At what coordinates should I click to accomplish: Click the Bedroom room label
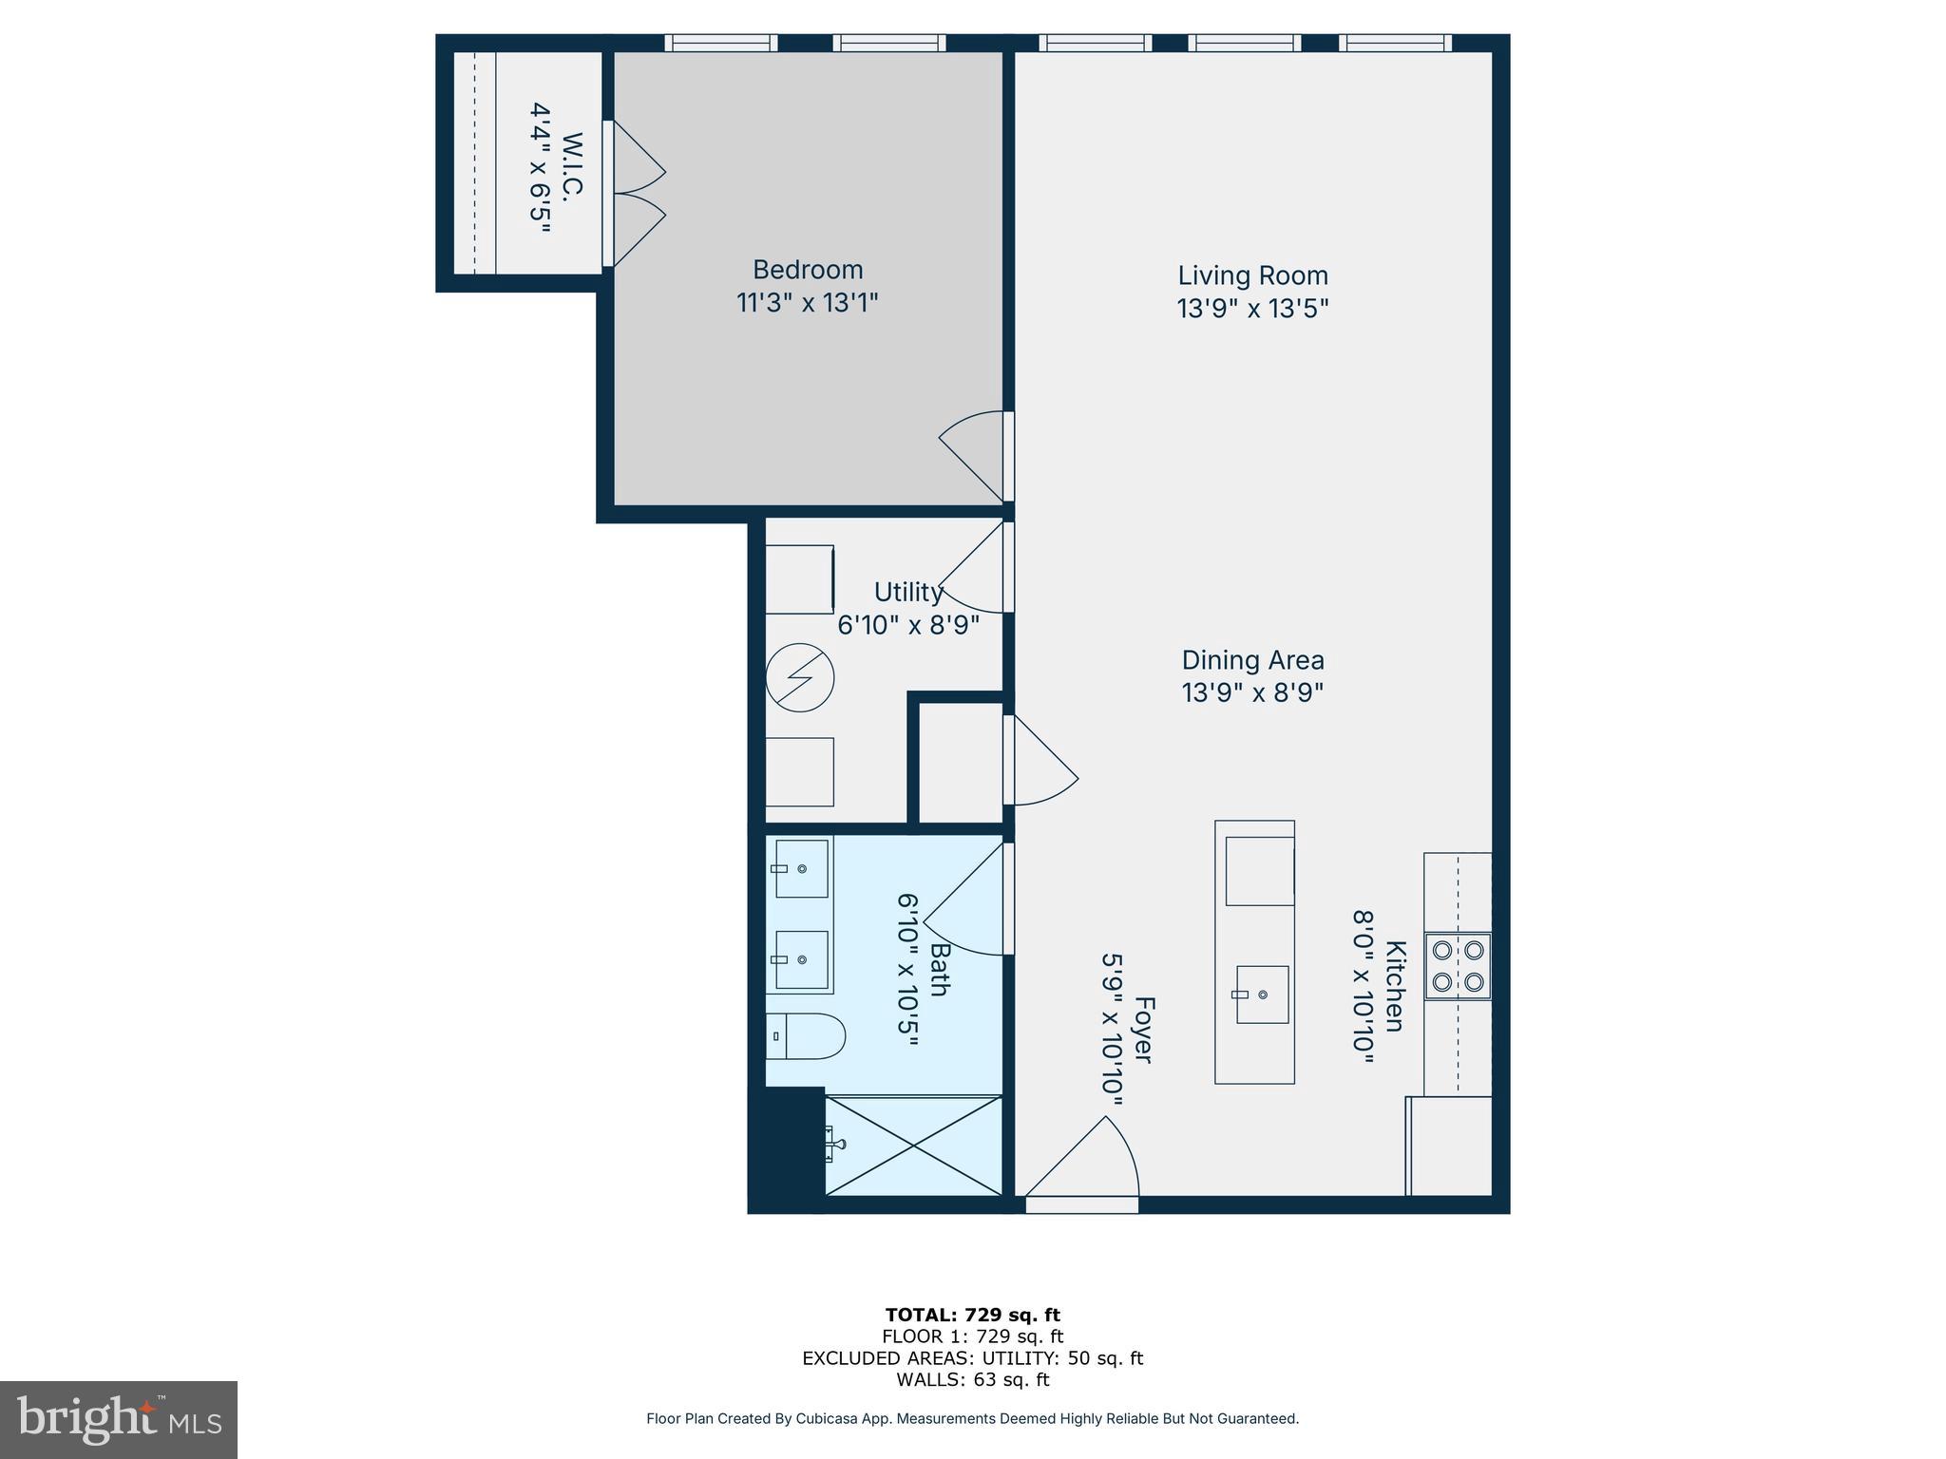point(808,270)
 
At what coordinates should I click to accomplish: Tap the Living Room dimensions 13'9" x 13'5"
point(1252,309)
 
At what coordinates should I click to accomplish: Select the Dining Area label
point(1252,660)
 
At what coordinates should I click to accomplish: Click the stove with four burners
point(1458,965)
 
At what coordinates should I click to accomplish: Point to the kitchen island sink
point(1262,995)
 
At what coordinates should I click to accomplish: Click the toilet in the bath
point(805,1036)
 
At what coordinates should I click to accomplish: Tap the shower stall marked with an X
point(912,1146)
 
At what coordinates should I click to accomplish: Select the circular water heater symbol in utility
point(800,678)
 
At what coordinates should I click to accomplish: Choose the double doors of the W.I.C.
point(635,194)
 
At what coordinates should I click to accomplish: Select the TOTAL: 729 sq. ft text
point(972,1315)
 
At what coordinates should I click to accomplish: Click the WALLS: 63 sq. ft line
point(972,1379)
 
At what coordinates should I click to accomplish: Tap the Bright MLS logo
point(119,1419)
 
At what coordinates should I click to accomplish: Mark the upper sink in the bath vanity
point(801,868)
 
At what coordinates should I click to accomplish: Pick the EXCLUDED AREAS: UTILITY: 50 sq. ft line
point(972,1358)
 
